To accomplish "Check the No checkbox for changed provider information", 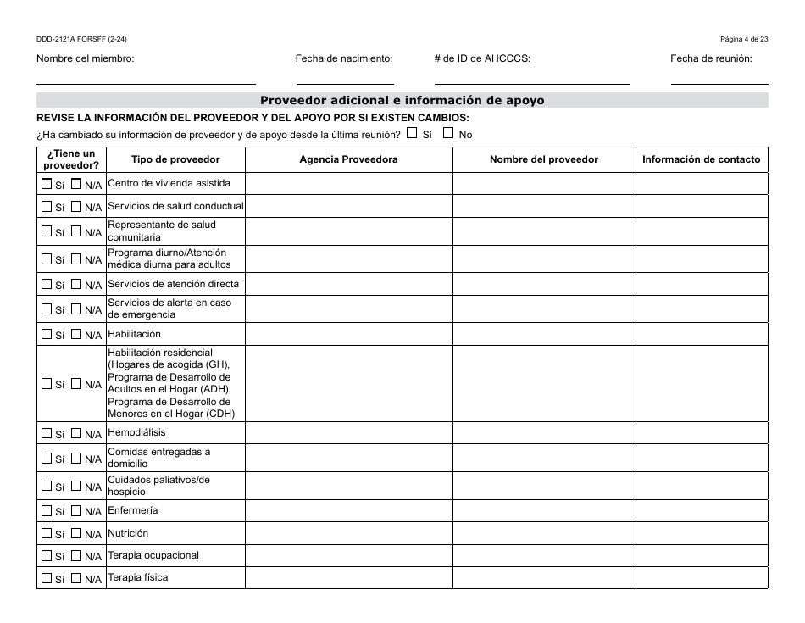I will tap(449, 133).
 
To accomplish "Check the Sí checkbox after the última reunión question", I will tap(412, 133).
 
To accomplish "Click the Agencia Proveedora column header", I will tap(348, 159).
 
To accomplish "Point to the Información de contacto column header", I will tap(701, 159).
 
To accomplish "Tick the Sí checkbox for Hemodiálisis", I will tap(46, 433).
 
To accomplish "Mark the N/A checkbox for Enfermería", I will tap(76, 510).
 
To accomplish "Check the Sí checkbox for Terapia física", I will tap(46, 578).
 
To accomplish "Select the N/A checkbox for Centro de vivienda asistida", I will tap(76, 183).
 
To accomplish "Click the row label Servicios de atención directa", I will tap(174, 284).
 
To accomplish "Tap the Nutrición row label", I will tap(128, 533).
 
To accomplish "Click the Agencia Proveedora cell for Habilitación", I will tap(348, 334).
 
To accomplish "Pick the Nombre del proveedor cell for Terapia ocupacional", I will tap(544, 555).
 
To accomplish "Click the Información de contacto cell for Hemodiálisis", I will tap(701, 432).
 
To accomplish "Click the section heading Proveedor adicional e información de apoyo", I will tap(402, 100).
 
